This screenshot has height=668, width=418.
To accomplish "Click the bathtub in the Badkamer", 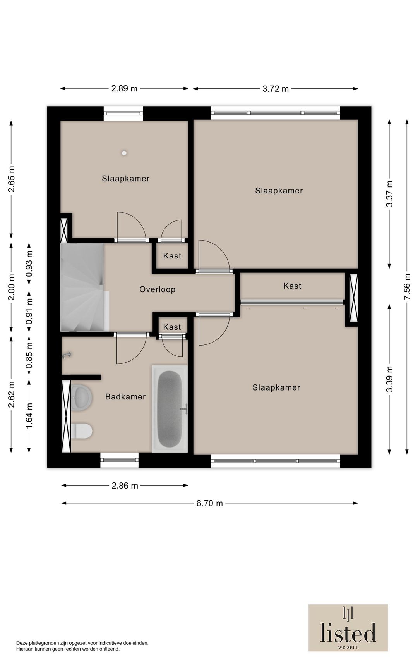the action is (170, 409).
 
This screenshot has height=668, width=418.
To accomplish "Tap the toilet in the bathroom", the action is (82, 431).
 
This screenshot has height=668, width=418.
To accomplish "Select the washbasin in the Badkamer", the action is (81, 397).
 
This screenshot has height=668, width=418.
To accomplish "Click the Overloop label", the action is (158, 289).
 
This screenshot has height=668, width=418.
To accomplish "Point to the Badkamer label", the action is (125, 397).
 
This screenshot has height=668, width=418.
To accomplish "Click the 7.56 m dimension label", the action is (407, 287).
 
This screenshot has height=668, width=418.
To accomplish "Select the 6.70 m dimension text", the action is (210, 503).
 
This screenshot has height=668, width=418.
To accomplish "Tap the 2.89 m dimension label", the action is (124, 88).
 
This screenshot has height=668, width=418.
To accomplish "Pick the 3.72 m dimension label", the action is (276, 89).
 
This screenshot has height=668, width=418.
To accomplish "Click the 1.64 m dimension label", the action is (29, 416).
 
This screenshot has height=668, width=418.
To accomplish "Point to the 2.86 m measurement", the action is (125, 486).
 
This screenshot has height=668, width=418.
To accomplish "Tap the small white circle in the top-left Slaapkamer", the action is (124, 153).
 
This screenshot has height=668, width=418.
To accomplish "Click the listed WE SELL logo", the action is (348, 628).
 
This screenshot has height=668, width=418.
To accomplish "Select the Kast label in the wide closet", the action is (292, 286).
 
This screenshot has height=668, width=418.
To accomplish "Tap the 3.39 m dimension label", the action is (389, 379).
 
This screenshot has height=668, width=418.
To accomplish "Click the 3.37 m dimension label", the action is (389, 194).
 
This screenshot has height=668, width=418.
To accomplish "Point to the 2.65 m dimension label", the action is (11, 179).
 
